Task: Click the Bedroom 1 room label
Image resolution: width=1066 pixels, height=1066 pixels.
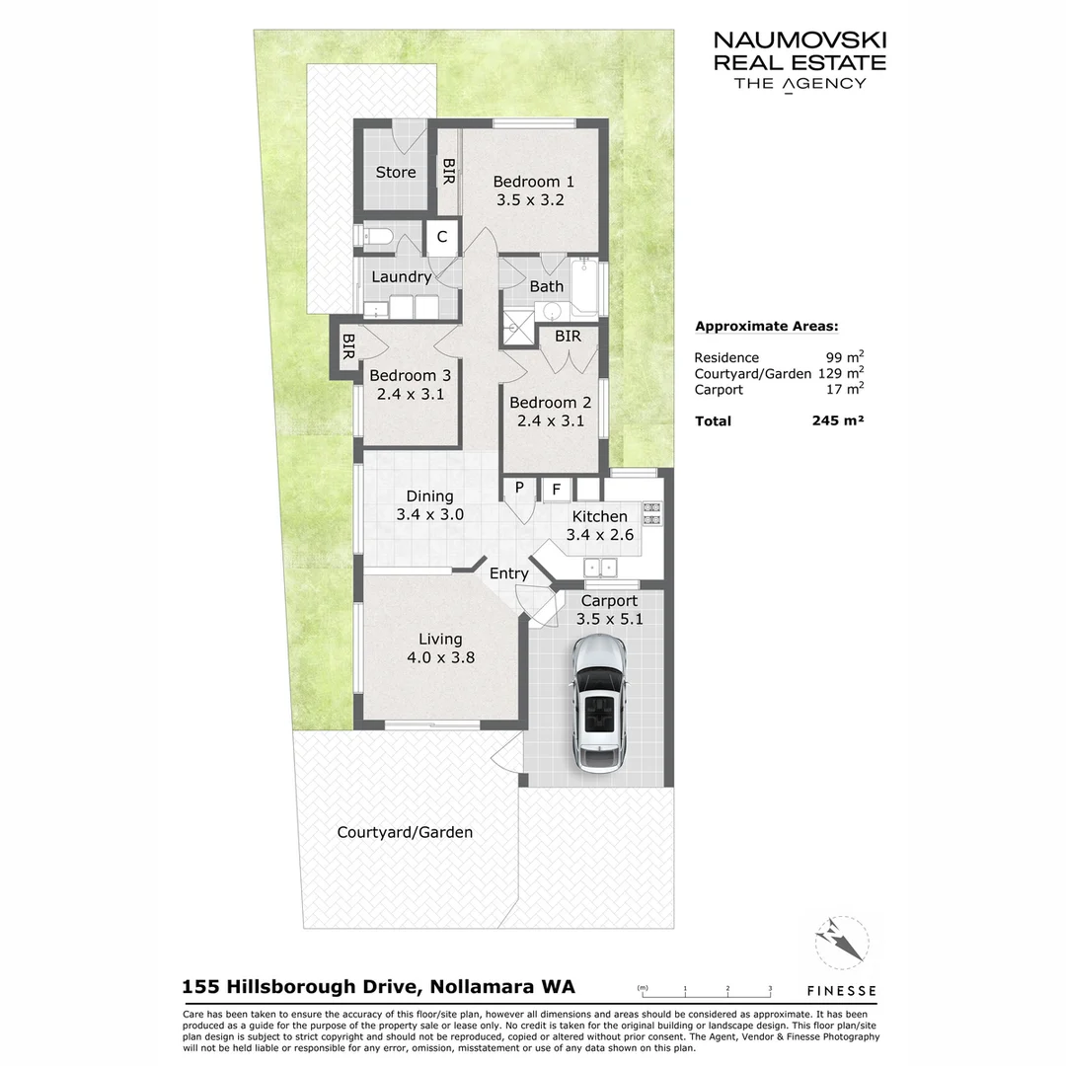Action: tap(533, 182)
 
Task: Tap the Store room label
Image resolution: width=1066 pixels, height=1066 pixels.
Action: tap(396, 173)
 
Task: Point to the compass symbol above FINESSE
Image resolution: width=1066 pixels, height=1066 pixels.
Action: tap(842, 943)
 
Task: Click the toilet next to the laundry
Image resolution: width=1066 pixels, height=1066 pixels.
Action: tap(376, 236)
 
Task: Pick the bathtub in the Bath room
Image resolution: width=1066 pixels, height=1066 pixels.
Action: tap(585, 287)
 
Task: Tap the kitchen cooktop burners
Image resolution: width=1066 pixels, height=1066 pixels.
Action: tap(651, 513)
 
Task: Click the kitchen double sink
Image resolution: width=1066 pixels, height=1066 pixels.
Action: tap(599, 567)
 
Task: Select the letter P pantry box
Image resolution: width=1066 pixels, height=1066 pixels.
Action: tap(519, 489)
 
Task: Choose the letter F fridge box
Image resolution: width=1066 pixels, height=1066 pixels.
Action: tap(557, 489)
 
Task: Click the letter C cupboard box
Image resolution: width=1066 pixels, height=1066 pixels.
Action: tap(442, 237)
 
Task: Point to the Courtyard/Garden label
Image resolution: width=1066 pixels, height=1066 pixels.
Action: tap(405, 832)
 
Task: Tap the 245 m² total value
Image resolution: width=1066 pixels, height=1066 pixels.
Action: tap(837, 421)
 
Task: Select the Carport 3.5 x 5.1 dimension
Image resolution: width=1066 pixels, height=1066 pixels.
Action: tap(609, 620)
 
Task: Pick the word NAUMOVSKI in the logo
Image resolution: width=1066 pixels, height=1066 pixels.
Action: tap(799, 40)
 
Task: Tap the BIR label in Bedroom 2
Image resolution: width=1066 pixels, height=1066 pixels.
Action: tap(568, 337)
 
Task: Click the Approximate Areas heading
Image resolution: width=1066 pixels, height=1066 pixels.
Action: tap(767, 327)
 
